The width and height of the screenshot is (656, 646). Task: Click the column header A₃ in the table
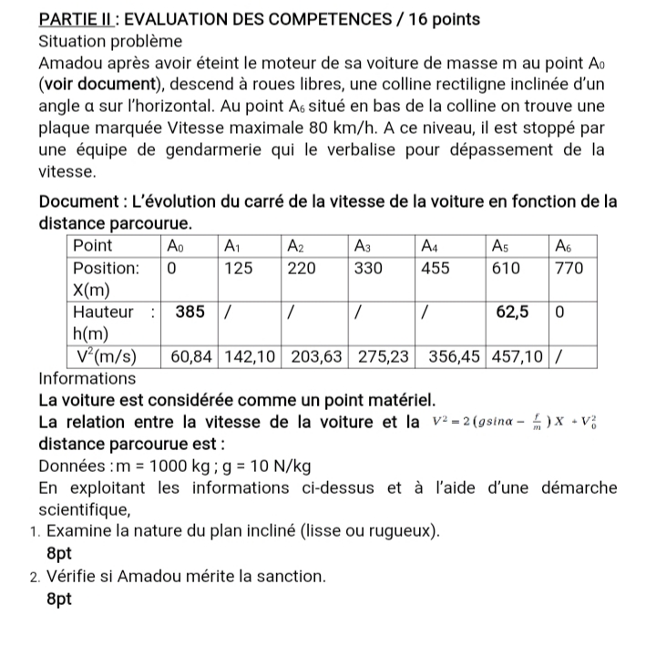pos(362,245)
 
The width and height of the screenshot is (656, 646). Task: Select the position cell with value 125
pos(239,268)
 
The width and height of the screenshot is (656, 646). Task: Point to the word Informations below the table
pos(87,378)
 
